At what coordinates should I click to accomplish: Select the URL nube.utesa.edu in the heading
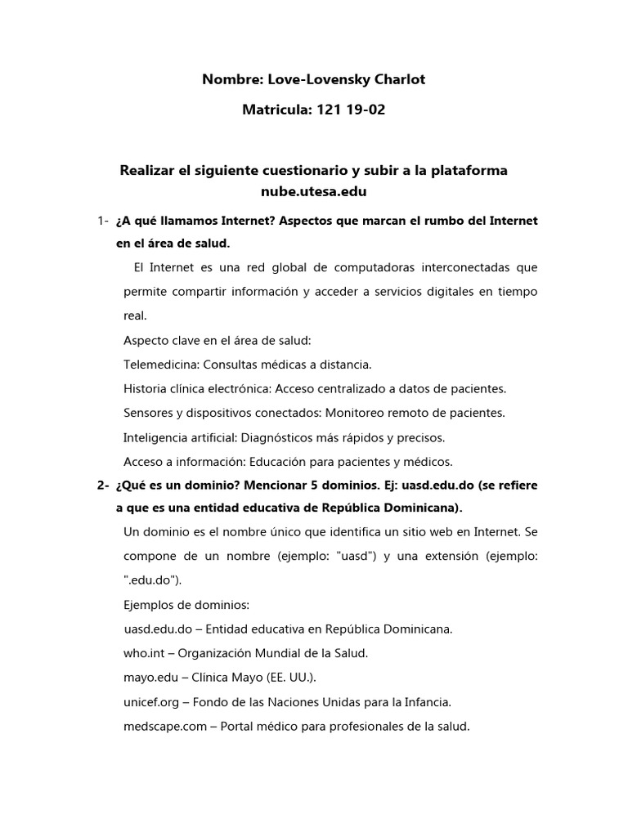click(x=313, y=192)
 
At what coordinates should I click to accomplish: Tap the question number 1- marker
click(x=103, y=222)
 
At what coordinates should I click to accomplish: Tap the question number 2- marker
click(x=103, y=485)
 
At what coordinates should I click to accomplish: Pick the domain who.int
click(x=146, y=653)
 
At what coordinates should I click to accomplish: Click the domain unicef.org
click(x=151, y=701)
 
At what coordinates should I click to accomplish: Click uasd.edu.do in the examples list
click(x=158, y=629)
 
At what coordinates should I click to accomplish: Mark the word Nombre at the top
click(x=231, y=79)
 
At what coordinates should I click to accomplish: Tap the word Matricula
click(x=274, y=110)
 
